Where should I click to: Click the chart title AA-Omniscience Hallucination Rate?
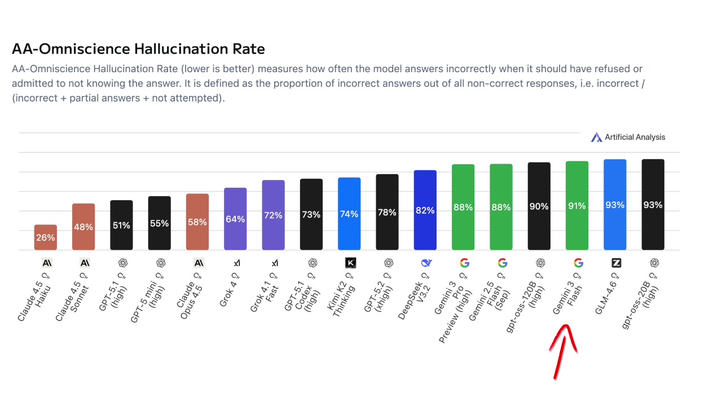[138, 49]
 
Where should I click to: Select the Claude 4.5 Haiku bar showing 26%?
[46, 237]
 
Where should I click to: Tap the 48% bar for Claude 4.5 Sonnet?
[83, 227]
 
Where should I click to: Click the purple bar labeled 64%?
[235, 219]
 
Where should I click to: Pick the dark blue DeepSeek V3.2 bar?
[425, 210]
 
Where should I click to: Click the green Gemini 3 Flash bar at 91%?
[577, 206]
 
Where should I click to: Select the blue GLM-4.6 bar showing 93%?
[615, 205]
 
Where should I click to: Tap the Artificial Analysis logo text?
[635, 137]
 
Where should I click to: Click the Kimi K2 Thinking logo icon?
[350, 263]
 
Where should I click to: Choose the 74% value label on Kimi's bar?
[349, 214]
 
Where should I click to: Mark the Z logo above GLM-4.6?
[617, 263]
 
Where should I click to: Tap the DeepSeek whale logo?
[426, 263]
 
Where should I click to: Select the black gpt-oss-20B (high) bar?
[653, 205]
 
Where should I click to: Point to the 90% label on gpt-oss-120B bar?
[539, 206]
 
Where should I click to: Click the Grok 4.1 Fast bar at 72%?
[274, 215]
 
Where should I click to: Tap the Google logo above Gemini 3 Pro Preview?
[464, 263]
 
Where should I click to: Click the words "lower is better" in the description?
[191, 69]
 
